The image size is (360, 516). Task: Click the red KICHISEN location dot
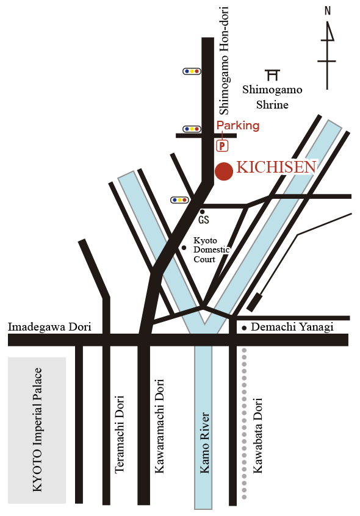click(x=224, y=171)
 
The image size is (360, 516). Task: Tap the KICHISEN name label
click(x=276, y=167)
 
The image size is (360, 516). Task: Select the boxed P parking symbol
click(x=222, y=145)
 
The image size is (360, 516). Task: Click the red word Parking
click(x=238, y=126)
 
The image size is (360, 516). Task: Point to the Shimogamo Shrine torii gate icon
click(x=273, y=75)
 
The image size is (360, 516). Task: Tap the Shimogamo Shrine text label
click(x=272, y=97)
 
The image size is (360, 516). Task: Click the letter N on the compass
click(x=328, y=11)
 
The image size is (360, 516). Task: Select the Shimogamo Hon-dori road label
click(x=224, y=60)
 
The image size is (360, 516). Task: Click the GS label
click(x=204, y=220)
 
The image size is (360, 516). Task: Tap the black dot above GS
click(x=203, y=212)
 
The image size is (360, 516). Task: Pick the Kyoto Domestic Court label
click(x=211, y=250)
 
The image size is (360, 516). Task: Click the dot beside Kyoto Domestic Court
click(x=184, y=248)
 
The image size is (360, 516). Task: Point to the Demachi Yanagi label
click(x=292, y=327)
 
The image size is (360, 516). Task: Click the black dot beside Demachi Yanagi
click(x=244, y=328)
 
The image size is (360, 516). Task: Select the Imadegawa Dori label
click(x=49, y=327)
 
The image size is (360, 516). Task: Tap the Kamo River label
click(x=204, y=443)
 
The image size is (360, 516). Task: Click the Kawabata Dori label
click(x=257, y=435)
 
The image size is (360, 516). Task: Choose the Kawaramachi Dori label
click(x=159, y=426)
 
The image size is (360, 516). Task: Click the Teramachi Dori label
click(x=119, y=434)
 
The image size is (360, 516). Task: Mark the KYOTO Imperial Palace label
click(x=37, y=430)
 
